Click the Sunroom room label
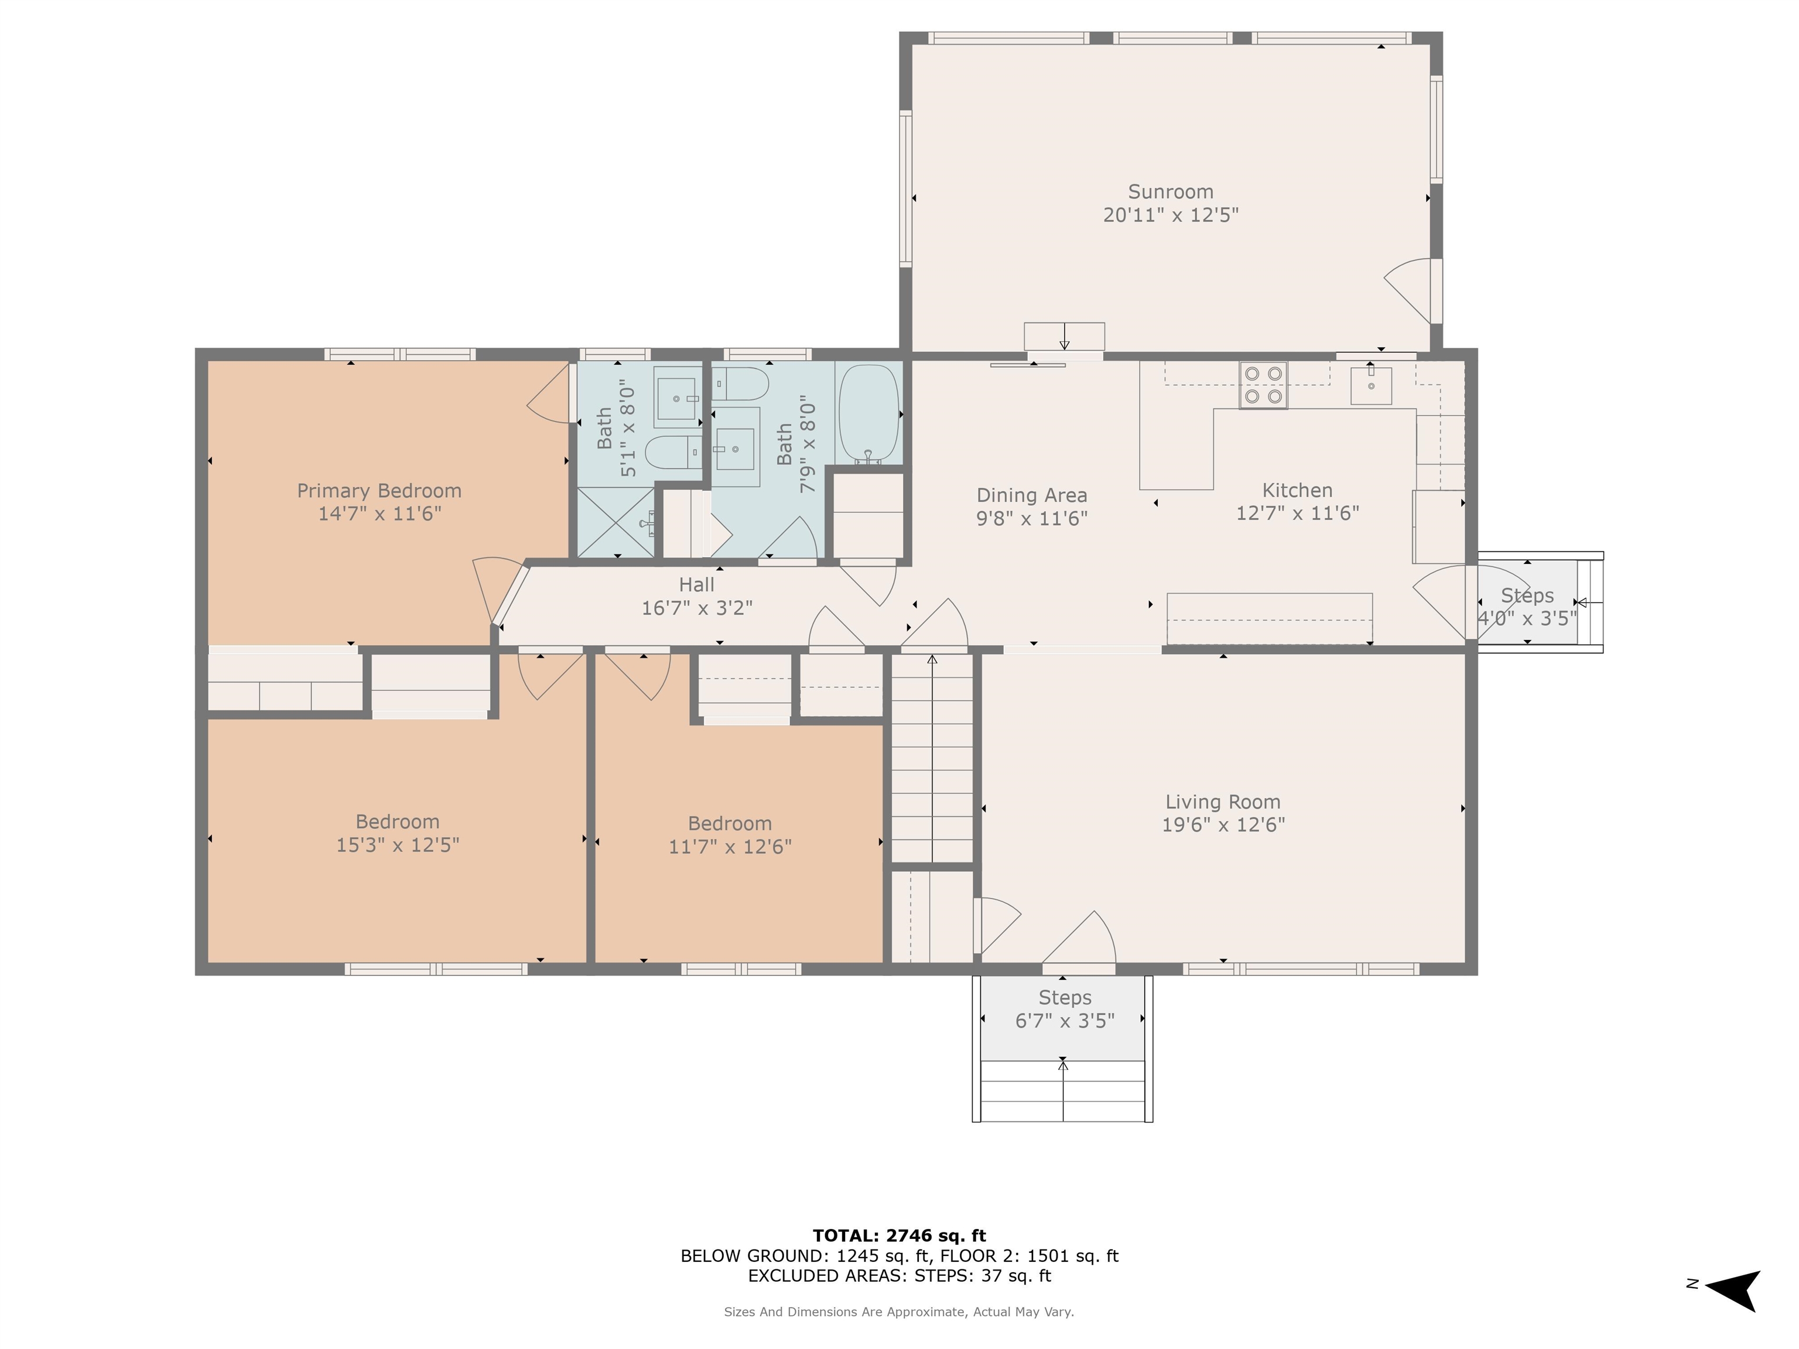[x=1169, y=192]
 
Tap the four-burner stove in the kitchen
[x=1263, y=385]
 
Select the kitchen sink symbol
[x=1370, y=385]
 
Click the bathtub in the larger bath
[x=868, y=413]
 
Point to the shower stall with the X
[x=615, y=522]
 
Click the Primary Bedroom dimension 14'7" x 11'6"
[x=379, y=514]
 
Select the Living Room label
[x=1222, y=802]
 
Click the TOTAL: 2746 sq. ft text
[x=899, y=1236]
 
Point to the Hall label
[x=696, y=585]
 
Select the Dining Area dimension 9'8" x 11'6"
[x=1031, y=519]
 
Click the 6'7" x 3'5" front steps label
[x=1064, y=1021]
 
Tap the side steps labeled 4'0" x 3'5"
[x=1527, y=606]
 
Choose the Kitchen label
[x=1297, y=490]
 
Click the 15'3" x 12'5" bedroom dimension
[x=397, y=845]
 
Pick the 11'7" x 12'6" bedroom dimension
[x=730, y=847]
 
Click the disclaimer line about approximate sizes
[x=899, y=1312]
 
